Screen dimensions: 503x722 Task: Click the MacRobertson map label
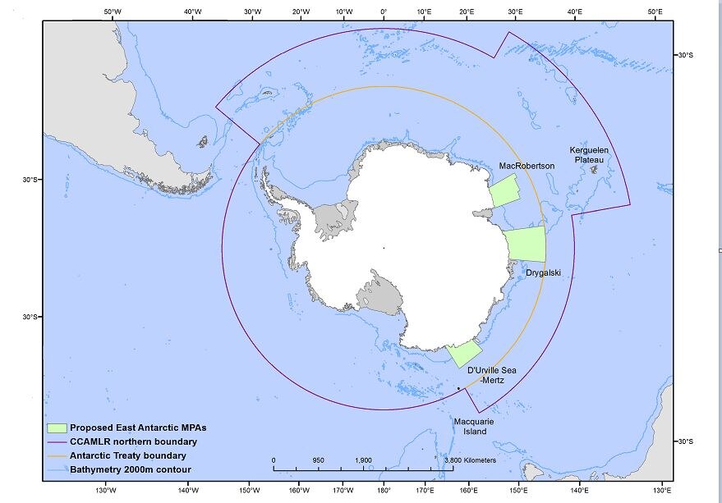pyautogui.click(x=527, y=166)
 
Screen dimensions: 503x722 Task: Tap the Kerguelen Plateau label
pyautogui.click(x=586, y=155)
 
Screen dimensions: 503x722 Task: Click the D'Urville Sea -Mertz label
pyautogui.click(x=494, y=376)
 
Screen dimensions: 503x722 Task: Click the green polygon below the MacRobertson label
pyautogui.click(x=504, y=191)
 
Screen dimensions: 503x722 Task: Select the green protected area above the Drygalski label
pyautogui.click(x=526, y=245)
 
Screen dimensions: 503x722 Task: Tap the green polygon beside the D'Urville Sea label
pyautogui.click(x=464, y=353)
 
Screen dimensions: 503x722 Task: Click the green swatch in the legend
pyautogui.click(x=57, y=428)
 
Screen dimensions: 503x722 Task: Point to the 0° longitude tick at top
pyautogui.click(x=384, y=12)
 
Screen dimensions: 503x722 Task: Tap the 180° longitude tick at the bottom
pyautogui.click(x=384, y=491)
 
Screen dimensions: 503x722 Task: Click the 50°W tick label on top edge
pyautogui.click(x=113, y=12)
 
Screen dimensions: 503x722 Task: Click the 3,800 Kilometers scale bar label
pyautogui.click(x=470, y=460)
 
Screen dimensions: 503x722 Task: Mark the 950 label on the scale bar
pyautogui.click(x=318, y=460)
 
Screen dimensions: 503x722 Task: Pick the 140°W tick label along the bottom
pyautogui.click(x=188, y=491)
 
